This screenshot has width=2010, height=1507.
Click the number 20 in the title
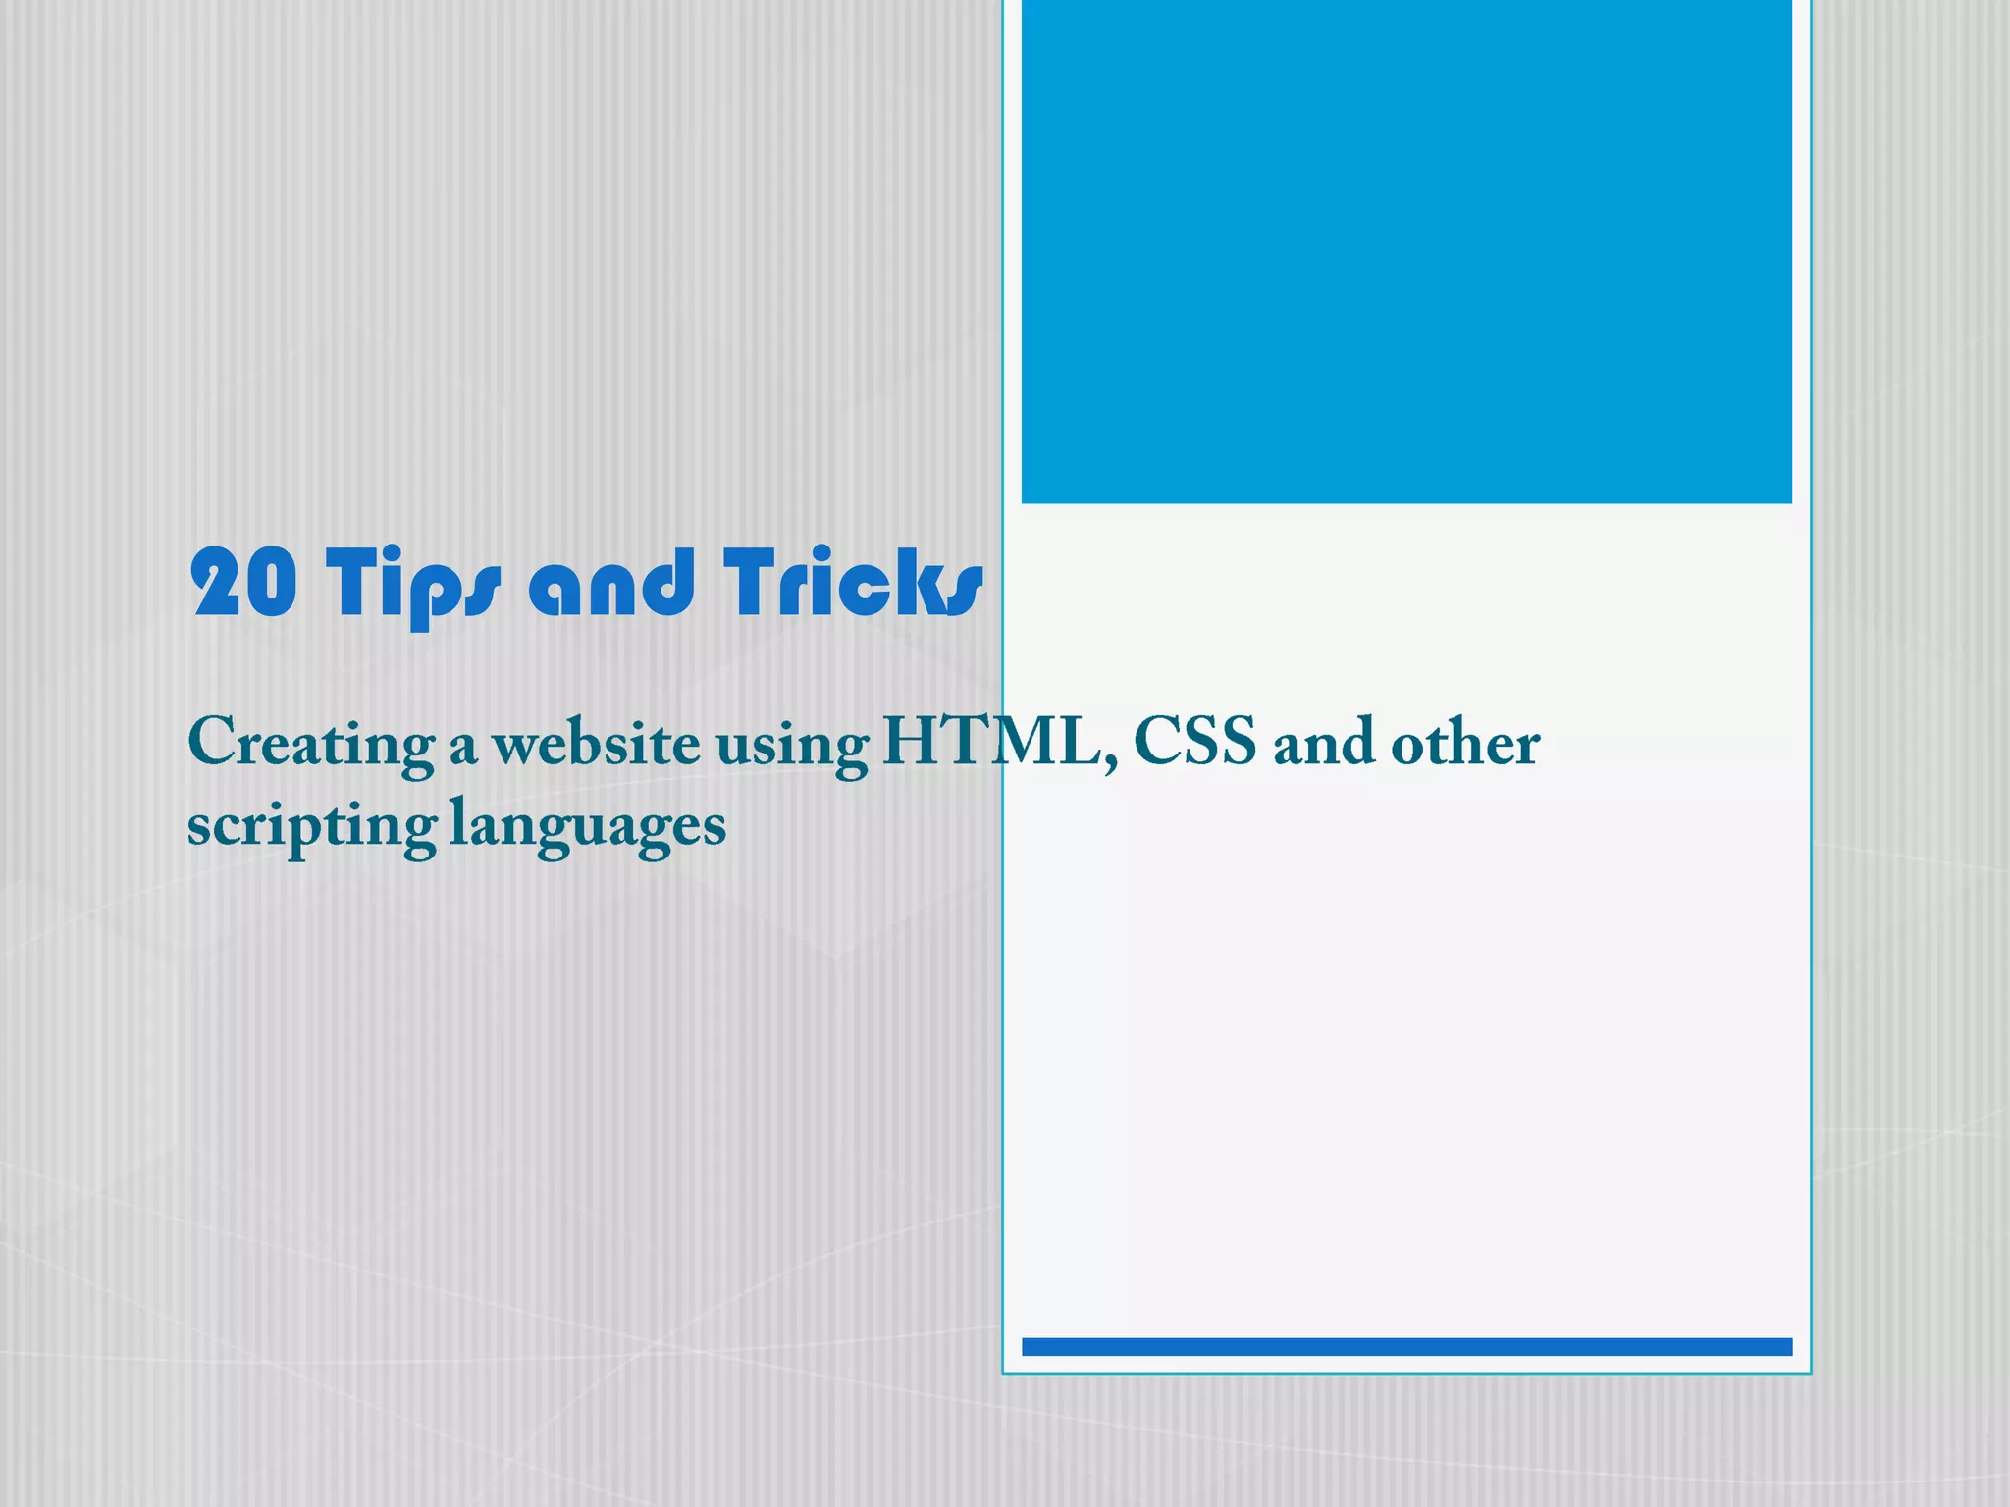point(243,583)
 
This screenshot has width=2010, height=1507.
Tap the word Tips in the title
point(412,586)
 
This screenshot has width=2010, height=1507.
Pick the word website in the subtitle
point(597,743)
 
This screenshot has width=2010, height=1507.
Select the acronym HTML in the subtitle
point(991,741)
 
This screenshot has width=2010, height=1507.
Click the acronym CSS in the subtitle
point(1194,741)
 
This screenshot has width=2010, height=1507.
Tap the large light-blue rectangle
point(1406,251)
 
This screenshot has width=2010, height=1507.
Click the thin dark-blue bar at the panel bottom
point(1406,1346)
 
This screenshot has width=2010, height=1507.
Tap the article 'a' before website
point(463,749)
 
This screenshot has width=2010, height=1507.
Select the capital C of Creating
point(211,741)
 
